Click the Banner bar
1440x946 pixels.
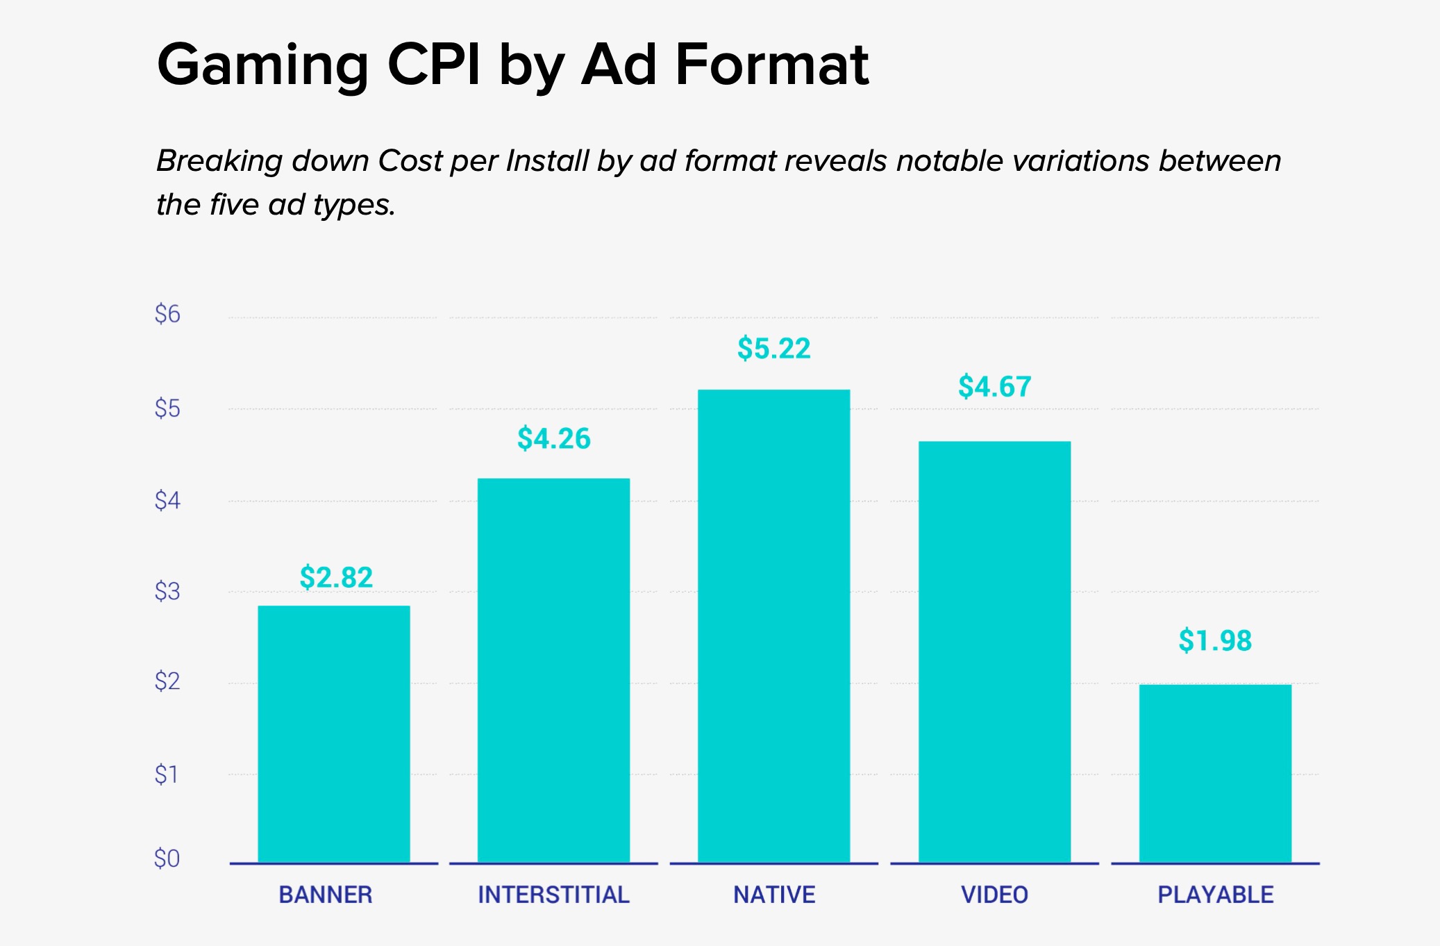[334, 734]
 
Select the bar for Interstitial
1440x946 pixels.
[553, 670]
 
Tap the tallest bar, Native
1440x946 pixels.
[773, 626]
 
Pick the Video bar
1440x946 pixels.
[994, 652]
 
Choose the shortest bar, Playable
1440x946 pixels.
[1215, 773]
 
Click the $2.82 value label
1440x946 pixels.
[336, 578]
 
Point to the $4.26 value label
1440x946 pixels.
[553, 439]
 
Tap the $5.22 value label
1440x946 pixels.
[773, 349]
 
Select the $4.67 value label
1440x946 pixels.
[994, 387]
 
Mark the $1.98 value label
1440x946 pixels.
[1215, 641]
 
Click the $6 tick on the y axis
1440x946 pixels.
[167, 315]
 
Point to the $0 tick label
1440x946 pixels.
[167, 859]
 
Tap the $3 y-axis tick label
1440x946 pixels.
[167, 592]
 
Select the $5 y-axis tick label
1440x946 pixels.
[167, 408]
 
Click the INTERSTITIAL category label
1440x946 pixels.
[553, 895]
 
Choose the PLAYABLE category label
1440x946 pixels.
[1215, 895]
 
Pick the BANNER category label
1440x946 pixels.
[326, 895]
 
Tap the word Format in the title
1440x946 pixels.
[771, 65]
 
